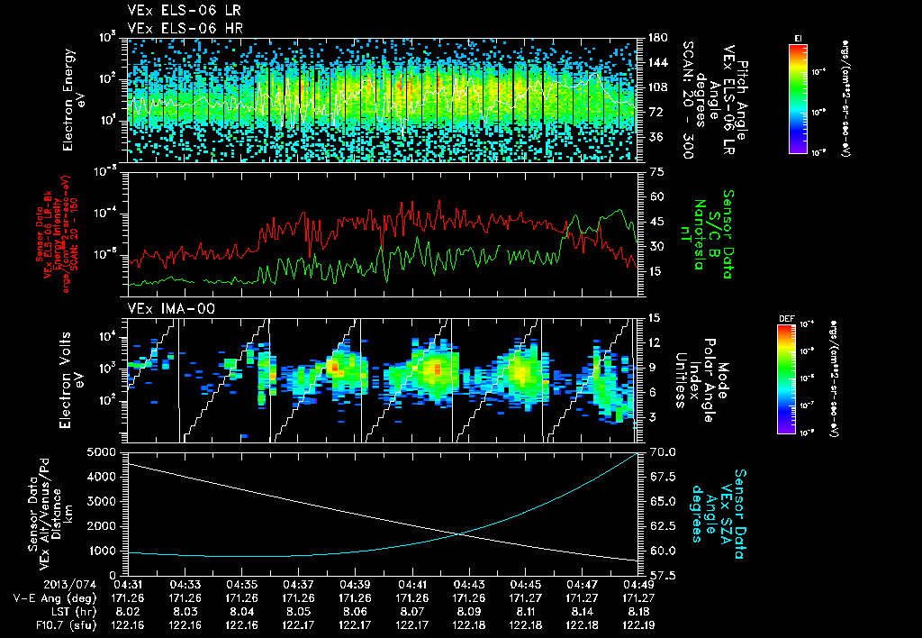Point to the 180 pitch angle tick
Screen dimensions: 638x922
655,38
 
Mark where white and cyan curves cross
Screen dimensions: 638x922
461,534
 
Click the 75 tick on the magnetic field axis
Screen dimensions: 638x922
655,171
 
